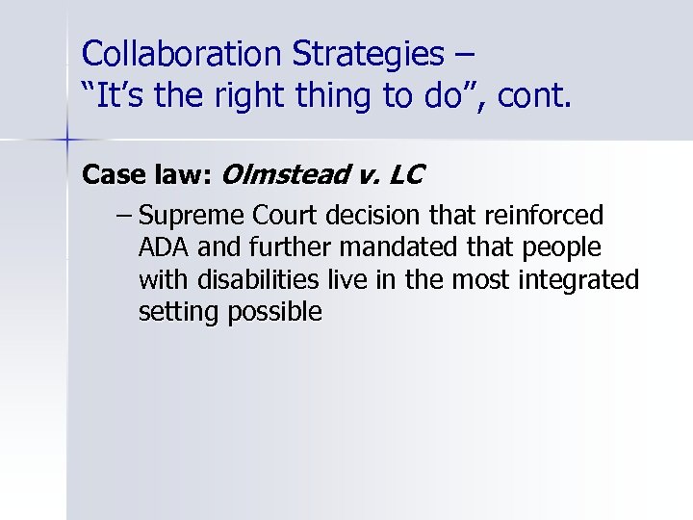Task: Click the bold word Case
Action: [113, 175]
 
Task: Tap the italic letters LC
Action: [408, 175]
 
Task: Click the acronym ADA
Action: [163, 248]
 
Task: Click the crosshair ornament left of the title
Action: [66, 141]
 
